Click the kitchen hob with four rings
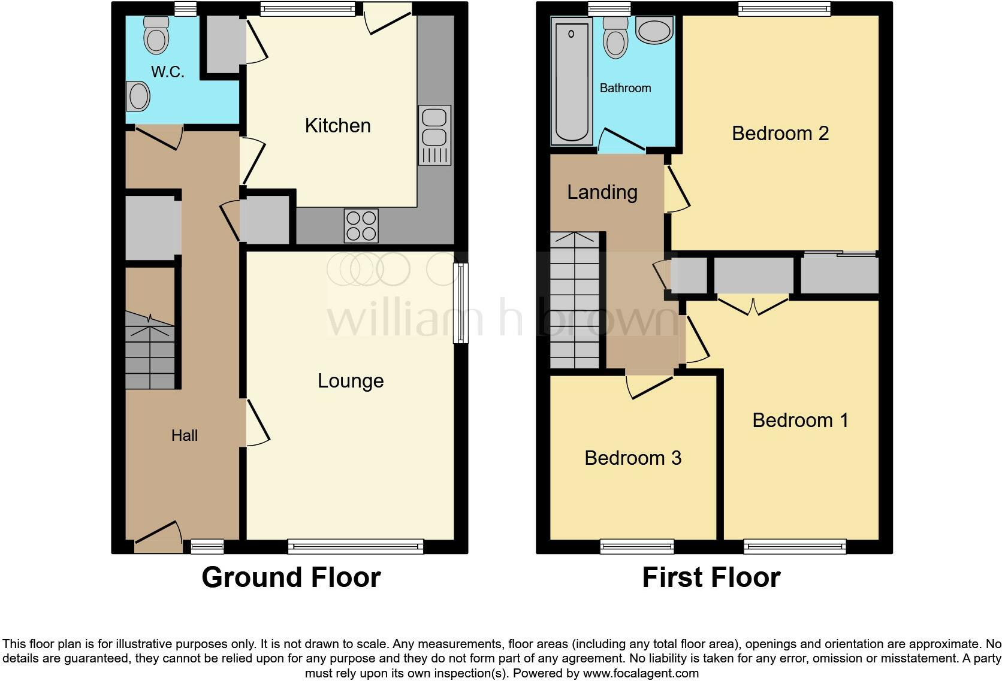(361, 226)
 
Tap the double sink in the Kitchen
(435, 135)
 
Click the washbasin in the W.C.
(138, 96)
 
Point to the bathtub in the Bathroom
(572, 81)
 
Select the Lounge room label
(351, 381)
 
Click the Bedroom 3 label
(633, 458)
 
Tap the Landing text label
(602, 192)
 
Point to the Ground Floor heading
(291, 577)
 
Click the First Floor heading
(711, 577)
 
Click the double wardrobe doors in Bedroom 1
(753, 305)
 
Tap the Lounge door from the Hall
(257, 423)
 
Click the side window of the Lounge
(460, 304)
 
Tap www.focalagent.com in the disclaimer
(640, 673)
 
